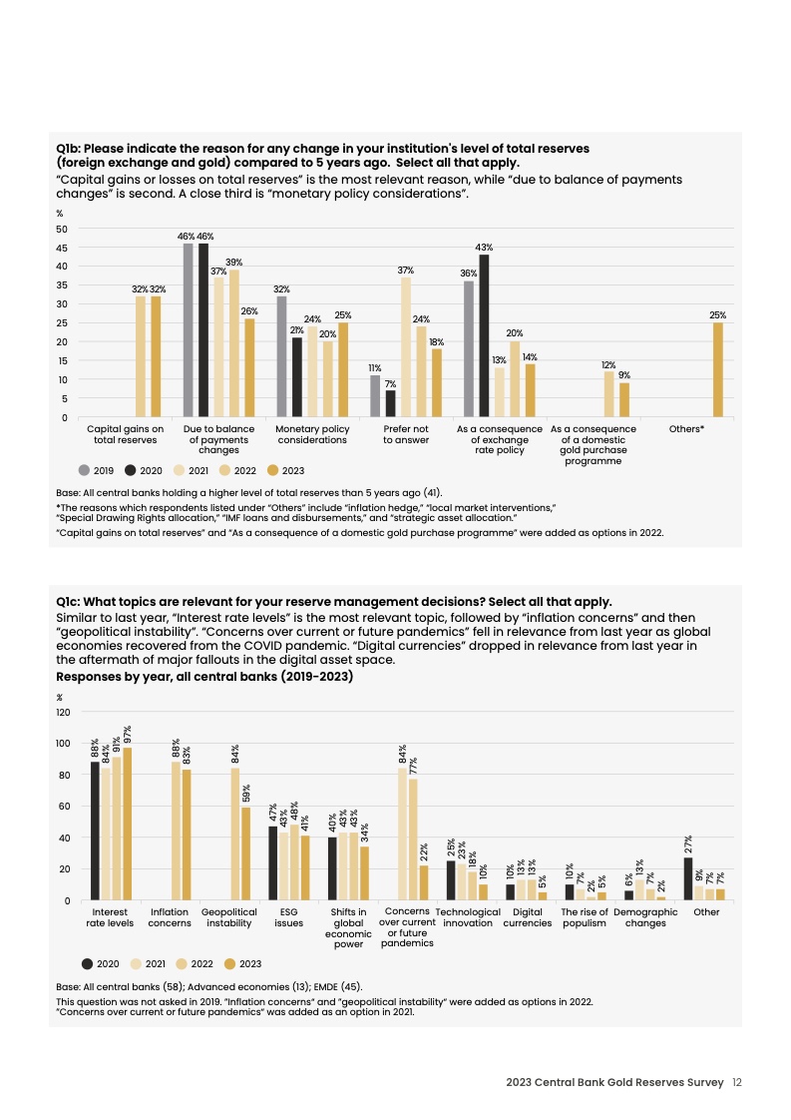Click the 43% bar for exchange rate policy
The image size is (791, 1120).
point(484,336)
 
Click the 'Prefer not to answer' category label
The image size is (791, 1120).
point(406,434)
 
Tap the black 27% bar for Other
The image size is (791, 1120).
point(688,879)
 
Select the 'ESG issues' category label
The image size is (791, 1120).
point(288,917)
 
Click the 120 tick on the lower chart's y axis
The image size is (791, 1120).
point(63,712)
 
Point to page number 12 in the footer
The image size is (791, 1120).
point(737,1082)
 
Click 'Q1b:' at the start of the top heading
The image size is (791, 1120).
point(69,149)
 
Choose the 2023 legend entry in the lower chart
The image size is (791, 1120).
point(242,963)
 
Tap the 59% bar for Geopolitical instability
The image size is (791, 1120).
point(245,854)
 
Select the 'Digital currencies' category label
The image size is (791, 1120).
point(527,917)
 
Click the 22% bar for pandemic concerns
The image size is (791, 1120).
point(424,883)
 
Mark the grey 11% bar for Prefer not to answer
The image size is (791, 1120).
point(375,396)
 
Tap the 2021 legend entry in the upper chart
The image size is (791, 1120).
point(191,469)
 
